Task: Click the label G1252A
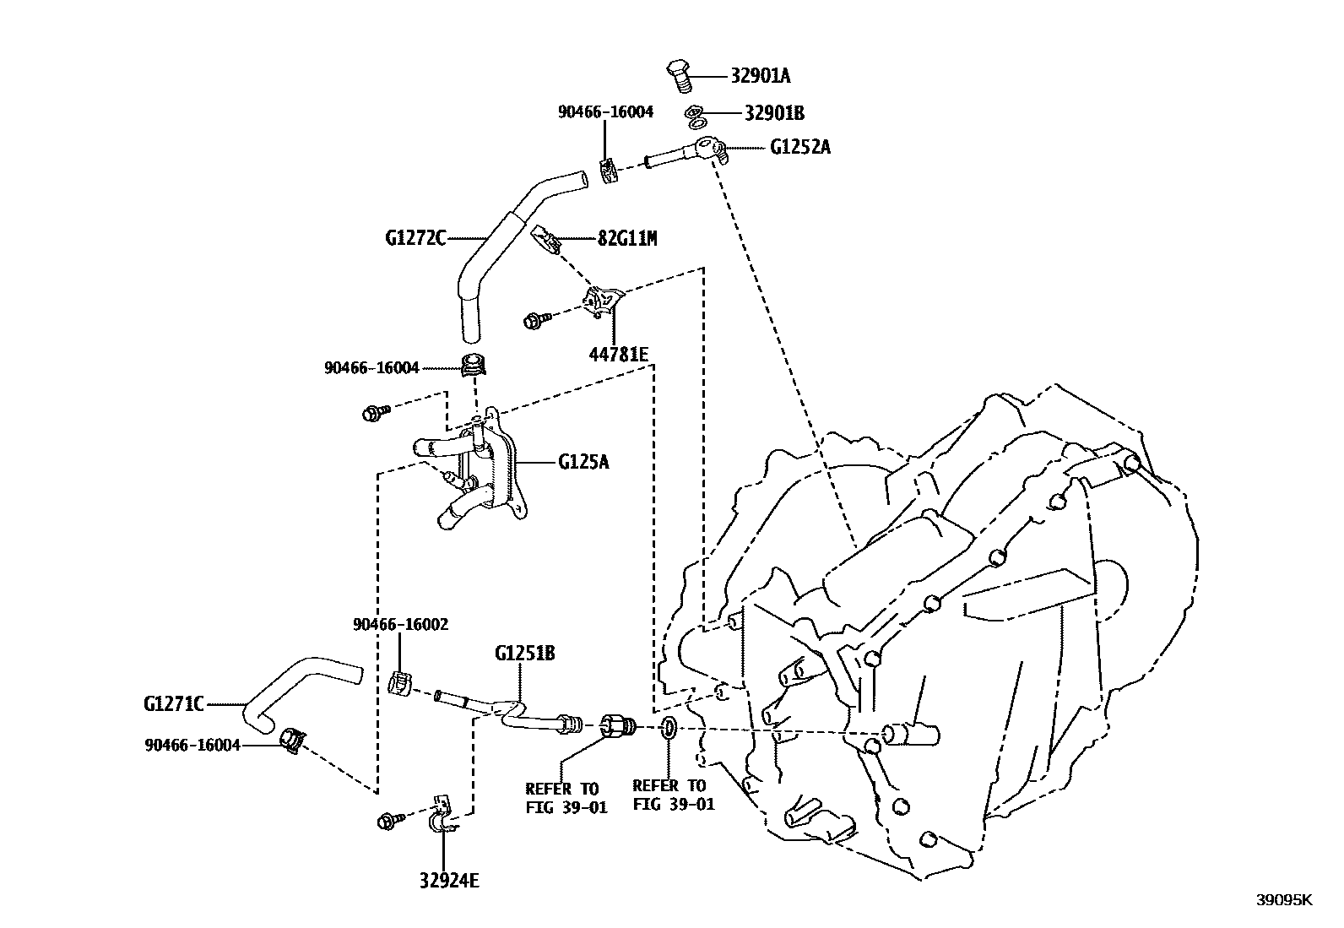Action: click(x=799, y=147)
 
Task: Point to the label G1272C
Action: click(x=415, y=238)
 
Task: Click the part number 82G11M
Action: click(x=626, y=238)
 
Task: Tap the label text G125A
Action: click(x=583, y=462)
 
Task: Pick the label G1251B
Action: click(x=524, y=654)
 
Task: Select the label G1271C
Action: click(x=174, y=703)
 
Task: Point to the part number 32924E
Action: click(x=448, y=881)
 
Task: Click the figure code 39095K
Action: click(x=1284, y=900)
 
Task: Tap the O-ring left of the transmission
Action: click(x=666, y=727)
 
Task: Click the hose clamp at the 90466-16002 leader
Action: click(x=400, y=681)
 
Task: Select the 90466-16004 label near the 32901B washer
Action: click(x=605, y=111)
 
